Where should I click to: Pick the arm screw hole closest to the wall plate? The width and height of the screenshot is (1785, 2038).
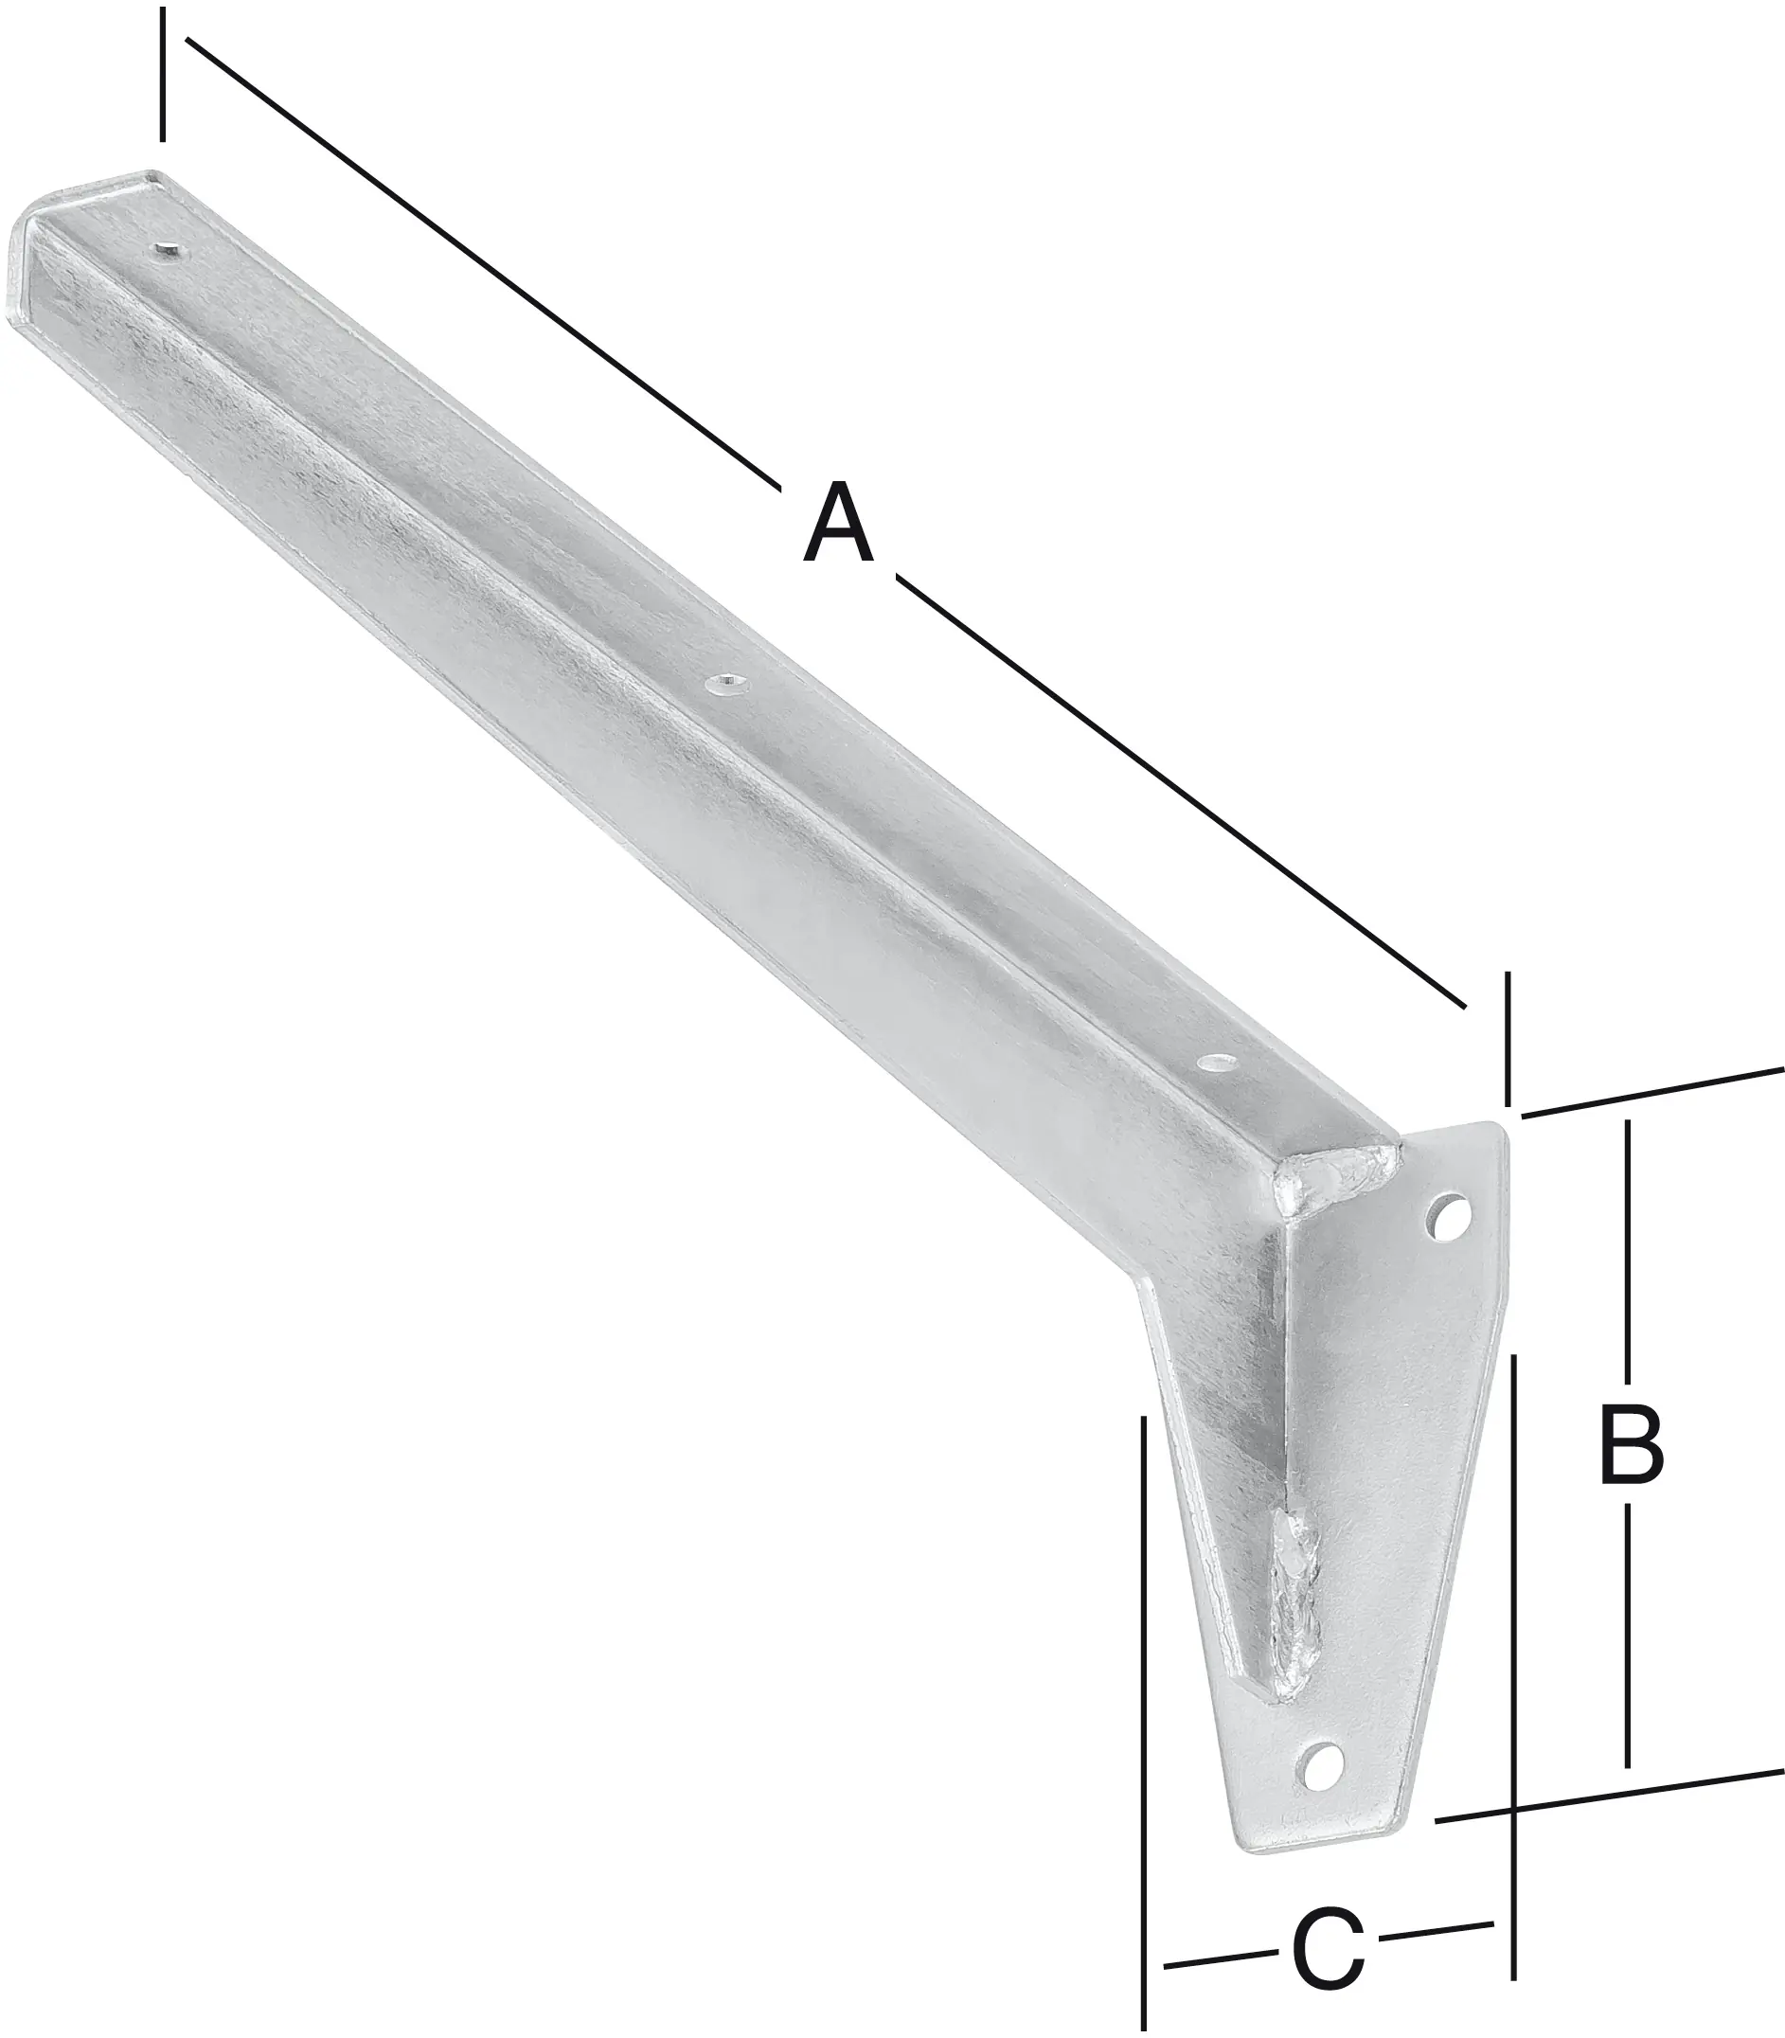1214,1063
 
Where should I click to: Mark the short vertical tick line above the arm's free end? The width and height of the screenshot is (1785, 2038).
162,75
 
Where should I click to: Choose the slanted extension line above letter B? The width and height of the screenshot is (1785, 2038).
1653,1092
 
